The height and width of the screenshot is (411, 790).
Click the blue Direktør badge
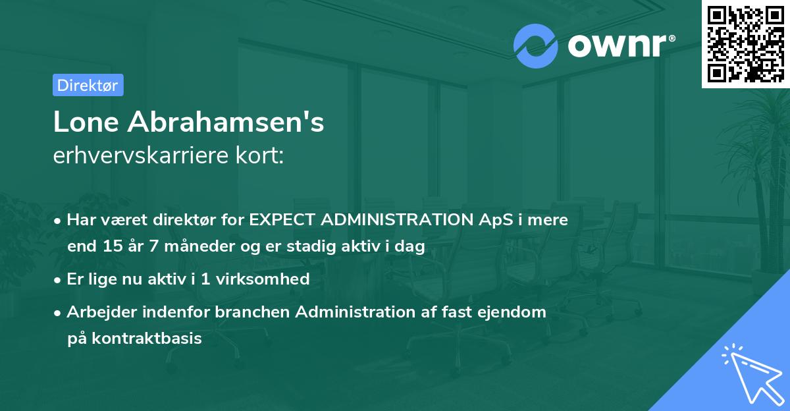coord(88,85)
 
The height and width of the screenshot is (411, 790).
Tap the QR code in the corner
coord(746,43)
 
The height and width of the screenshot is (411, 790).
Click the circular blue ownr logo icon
coord(535,46)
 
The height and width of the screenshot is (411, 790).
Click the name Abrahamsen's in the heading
coord(226,122)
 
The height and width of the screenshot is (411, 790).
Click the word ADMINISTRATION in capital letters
coord(397,219)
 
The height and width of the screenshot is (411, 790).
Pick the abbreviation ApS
coord(496,220)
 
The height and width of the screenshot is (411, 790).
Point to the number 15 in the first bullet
coord(113,246)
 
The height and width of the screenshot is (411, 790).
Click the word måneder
coord(199,246)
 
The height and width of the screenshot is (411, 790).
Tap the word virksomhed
coord(263,279)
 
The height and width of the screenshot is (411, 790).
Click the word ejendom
coord(512,312)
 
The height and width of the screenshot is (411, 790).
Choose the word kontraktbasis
coord(147,339)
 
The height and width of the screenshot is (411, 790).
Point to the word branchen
coord(252,312)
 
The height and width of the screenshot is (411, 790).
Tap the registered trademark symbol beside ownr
coord(671,38)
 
